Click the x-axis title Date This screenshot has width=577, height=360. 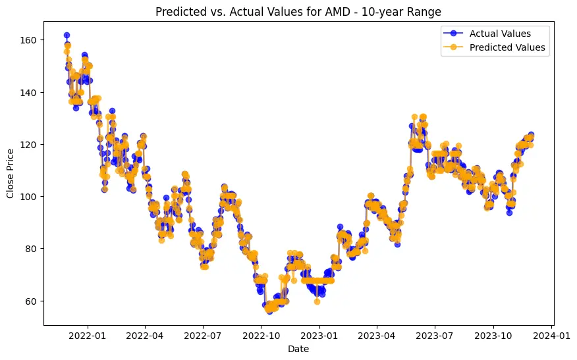298,349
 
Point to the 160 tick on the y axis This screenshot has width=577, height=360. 29,40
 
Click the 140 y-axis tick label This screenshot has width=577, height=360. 29,92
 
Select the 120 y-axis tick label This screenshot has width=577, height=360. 29,144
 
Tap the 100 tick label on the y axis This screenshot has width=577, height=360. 29,196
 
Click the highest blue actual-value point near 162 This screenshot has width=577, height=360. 67,35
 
